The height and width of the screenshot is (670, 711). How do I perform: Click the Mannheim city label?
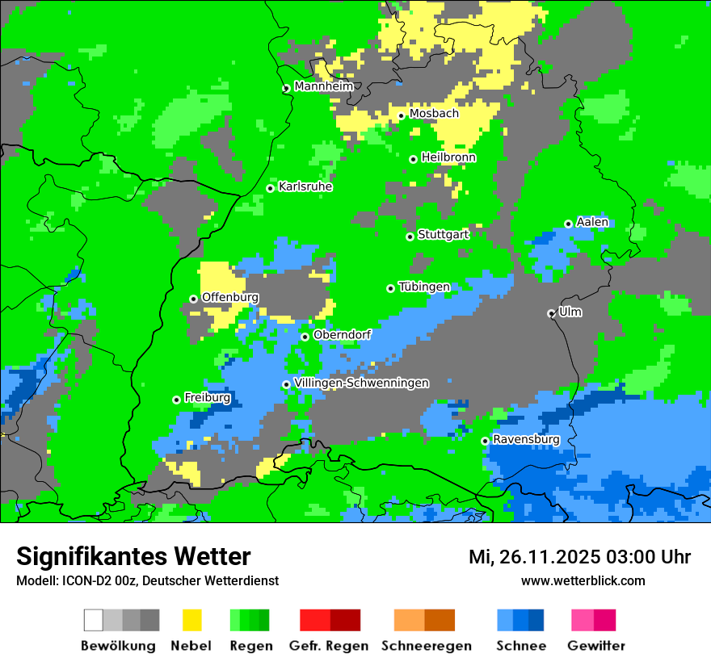(x=323, y=86)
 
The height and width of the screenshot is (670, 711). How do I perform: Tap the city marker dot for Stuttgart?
(x=410, y=237)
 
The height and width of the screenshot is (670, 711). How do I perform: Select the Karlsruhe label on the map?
(x=305, y=186)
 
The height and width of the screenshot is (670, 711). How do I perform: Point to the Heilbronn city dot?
(x=413, y=159)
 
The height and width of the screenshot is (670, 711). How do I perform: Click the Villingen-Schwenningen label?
(x=361, y=383)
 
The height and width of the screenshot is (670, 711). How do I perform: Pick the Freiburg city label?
(x=207, y=398)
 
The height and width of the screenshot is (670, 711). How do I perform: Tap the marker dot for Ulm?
(x=551, y=313)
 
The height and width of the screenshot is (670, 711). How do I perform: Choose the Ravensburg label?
(x=526, y=439)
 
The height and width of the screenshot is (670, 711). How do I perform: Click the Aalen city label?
(x=592, y=222)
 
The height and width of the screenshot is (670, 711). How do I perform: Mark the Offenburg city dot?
(x=193, y=299)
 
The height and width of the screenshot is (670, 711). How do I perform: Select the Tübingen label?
(x=424, y=287)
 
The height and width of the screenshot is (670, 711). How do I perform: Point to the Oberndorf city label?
(x=342, y=335)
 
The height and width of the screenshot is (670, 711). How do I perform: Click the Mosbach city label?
(x=433, y=114)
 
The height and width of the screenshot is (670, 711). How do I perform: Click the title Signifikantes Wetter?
(x=133, y=556)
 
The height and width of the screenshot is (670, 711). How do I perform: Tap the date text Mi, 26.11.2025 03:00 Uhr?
(x=579, y=557)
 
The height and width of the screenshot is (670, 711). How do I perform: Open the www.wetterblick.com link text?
(x=583, y=580)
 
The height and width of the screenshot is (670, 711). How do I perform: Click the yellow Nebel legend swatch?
(x=191, y=620)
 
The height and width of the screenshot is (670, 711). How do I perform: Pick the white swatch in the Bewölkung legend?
(x=94, y=620)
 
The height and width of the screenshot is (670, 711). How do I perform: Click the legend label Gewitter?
(x=595, y=646)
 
